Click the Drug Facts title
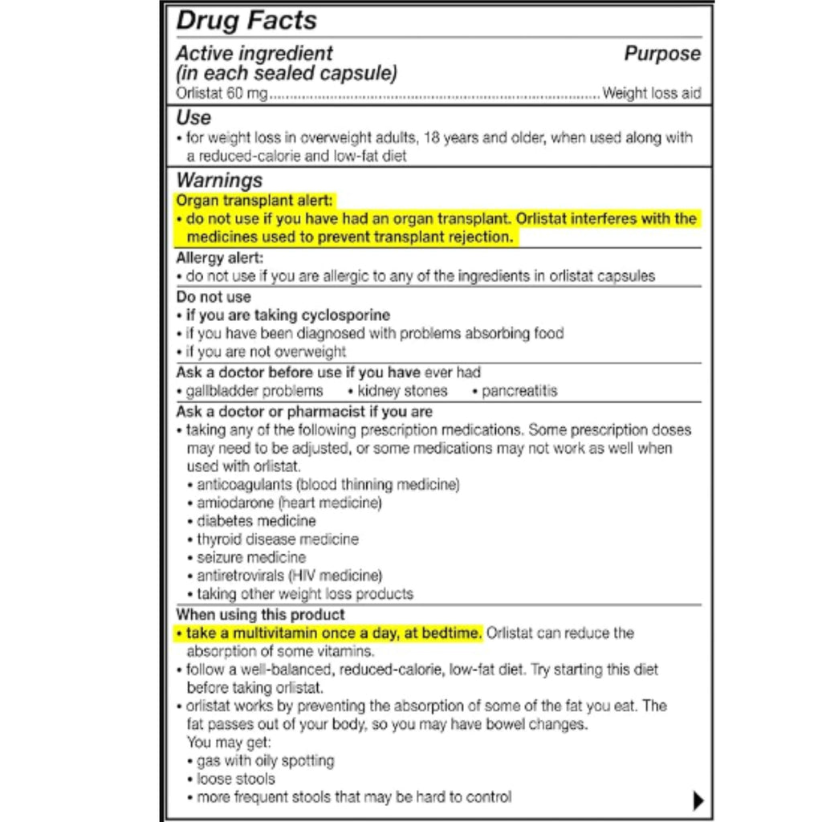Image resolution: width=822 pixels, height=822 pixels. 246,21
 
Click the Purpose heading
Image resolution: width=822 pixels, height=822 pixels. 662,54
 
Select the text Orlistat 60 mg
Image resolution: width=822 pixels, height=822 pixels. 222,94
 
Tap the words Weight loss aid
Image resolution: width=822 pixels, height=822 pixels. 651,94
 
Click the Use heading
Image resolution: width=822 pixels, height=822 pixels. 193,118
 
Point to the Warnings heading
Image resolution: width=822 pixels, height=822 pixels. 219,181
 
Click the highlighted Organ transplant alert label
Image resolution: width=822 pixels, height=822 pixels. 254,201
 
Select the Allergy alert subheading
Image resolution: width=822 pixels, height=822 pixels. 219,258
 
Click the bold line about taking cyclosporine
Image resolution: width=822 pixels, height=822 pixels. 287,315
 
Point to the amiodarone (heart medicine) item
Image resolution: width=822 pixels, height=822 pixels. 289,503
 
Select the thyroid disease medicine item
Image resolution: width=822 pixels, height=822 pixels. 278,539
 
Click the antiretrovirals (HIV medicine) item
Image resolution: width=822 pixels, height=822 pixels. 289,576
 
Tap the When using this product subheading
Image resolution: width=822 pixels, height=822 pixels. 260,615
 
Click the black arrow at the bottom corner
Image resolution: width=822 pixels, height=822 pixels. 698,800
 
